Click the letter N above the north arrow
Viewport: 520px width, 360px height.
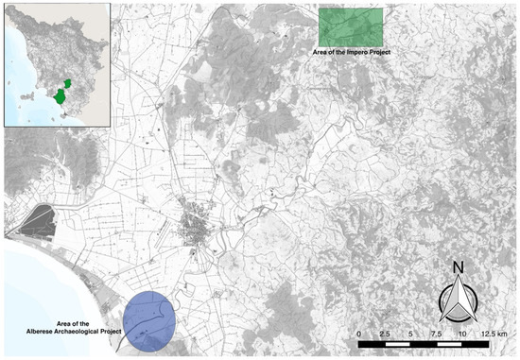pos(457,267)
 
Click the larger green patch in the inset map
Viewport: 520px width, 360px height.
pos(61,96)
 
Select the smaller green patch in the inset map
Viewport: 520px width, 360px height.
pos(68,83)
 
